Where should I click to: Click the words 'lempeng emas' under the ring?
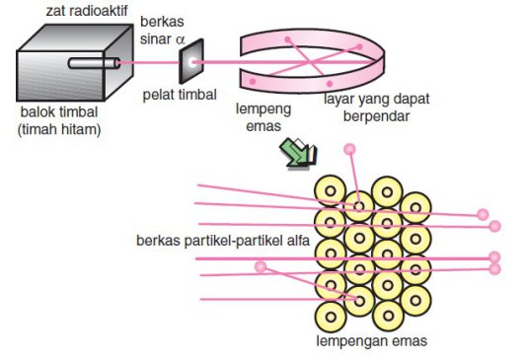(x=260, y=116)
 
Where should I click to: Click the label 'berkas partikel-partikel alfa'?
(x=226, y=241)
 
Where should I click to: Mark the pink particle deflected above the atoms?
(x=348, y=150)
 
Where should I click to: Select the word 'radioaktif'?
(x=97, y=10)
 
